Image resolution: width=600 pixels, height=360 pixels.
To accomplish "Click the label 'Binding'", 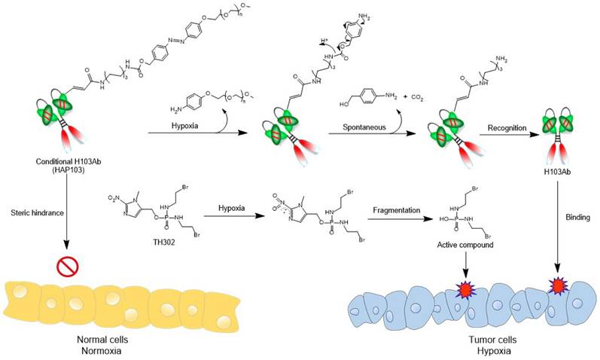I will point(574,214).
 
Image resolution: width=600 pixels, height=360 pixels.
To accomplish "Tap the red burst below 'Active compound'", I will point(464,289).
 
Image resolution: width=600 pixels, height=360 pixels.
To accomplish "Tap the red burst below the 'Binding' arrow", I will point(558,286).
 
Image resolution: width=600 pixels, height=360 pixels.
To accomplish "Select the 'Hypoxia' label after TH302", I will point(229,213).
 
